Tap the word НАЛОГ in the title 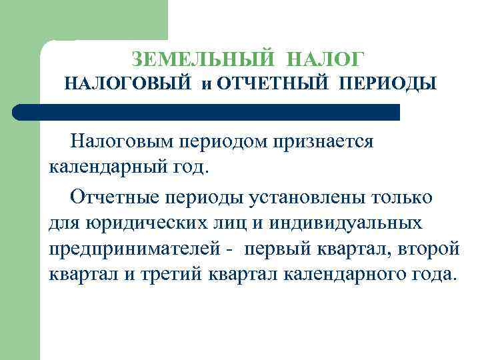tap(327, 59)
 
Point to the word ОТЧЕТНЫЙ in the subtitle tap(273, 85)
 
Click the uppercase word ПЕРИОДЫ tap(387, 85)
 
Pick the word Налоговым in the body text tap(122, 141)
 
